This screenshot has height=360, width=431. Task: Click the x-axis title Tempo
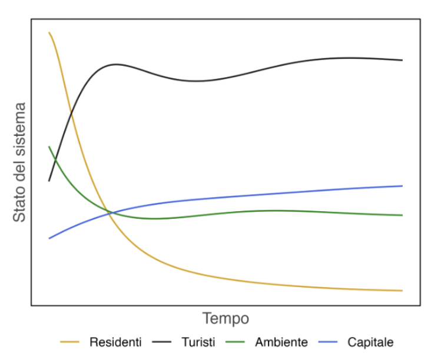(226, 319)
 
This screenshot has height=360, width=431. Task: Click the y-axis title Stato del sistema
(19, 162)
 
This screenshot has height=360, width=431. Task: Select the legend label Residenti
(115, 342)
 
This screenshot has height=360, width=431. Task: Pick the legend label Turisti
(198, 342)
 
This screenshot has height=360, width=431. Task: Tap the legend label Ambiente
(281, 342)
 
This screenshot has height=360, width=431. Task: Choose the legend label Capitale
(370, 342)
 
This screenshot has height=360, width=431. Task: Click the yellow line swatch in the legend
(69, 342)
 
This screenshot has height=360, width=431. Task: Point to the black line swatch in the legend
(161, 342)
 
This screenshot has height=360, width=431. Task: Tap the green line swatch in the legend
(235, 342)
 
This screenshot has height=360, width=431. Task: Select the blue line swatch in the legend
(327, 342)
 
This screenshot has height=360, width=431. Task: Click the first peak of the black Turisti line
(115, 65)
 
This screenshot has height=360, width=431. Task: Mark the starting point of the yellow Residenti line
(49, 32)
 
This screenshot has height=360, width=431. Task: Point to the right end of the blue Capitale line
(402, 186)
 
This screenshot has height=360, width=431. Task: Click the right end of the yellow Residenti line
(402, 291)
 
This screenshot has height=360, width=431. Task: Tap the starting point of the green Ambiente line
(49, 146)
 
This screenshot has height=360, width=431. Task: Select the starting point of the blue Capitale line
(49, 238)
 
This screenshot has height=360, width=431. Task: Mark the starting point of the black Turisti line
(49, 181)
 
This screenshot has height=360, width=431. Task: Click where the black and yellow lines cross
(71, 112)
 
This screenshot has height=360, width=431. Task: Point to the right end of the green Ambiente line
(402, 215)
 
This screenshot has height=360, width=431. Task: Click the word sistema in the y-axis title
(19, 128)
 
